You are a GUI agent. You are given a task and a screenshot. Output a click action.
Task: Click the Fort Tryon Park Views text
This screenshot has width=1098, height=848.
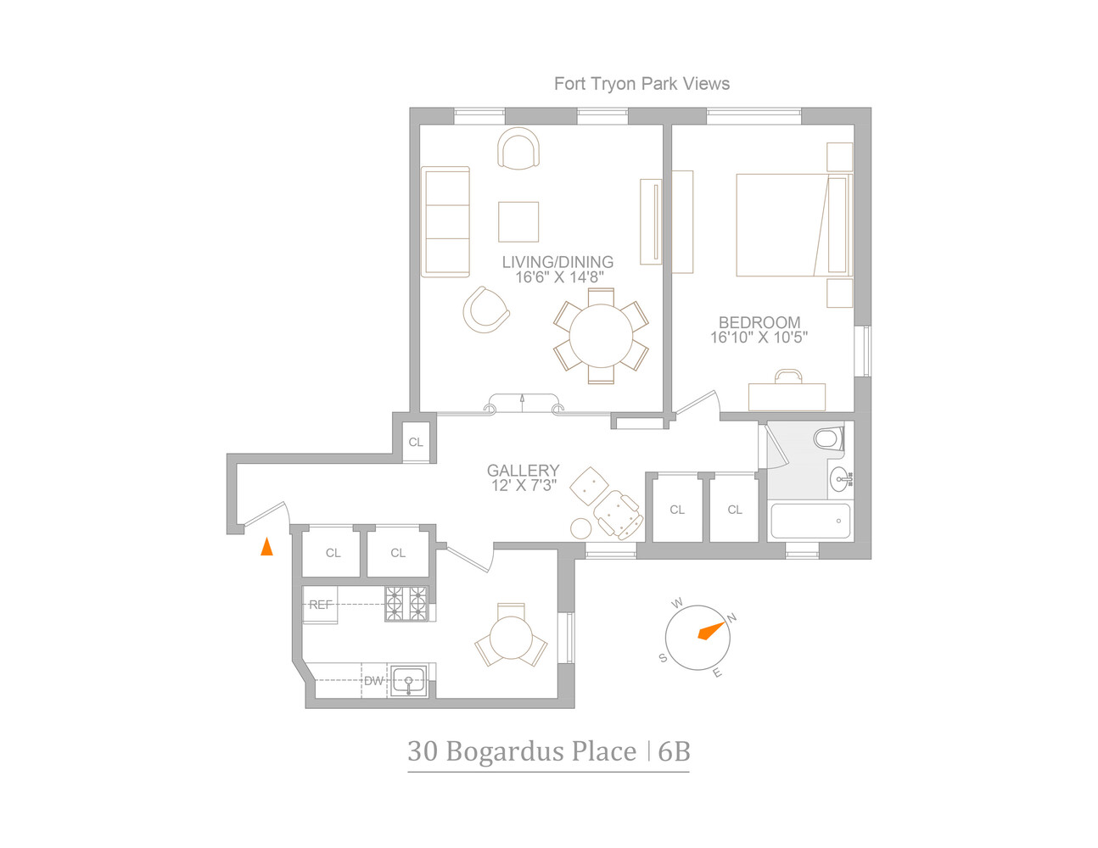click(641, 84)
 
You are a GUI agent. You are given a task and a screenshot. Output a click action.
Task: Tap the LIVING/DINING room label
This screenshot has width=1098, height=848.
click(557, 262)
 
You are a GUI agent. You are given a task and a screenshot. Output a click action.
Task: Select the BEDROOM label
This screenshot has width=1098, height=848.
click(759, 322)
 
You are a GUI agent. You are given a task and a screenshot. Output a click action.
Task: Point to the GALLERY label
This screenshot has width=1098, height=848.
click(523, 470)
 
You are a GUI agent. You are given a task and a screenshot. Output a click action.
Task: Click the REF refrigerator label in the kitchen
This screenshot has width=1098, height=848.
click(321, 605)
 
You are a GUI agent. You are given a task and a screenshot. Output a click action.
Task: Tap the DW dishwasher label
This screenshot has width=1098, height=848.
click(374, 680)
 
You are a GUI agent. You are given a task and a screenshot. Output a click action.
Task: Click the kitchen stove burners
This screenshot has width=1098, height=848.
click(406, 604)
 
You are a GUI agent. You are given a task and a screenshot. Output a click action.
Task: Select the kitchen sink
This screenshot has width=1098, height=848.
click(408, 680)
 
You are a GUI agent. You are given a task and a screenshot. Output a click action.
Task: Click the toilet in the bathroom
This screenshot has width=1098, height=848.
click(826, 438)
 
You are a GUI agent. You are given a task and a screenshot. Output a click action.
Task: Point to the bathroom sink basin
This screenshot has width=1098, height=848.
click(839, 480)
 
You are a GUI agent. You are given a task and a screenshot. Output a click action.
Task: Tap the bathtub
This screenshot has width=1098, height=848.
click(809, 521)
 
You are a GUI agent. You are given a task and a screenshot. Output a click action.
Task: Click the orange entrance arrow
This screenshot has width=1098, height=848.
click(266, 547)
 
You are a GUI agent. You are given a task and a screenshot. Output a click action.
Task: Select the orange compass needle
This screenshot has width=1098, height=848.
click(710, 631)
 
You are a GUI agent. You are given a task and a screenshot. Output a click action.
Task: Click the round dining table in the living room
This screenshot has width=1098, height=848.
click(601, 336)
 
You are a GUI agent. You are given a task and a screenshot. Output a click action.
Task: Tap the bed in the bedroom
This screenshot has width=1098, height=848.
click(791, 225)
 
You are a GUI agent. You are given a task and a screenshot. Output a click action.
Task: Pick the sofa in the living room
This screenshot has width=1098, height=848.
click(446, 221)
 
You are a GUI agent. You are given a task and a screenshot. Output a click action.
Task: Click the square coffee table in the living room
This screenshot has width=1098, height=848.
click(518, 222)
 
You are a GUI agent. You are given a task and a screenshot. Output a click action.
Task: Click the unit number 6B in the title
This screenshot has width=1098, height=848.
click(674, 751)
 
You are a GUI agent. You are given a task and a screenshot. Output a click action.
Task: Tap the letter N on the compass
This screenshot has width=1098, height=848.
click(732, 617)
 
